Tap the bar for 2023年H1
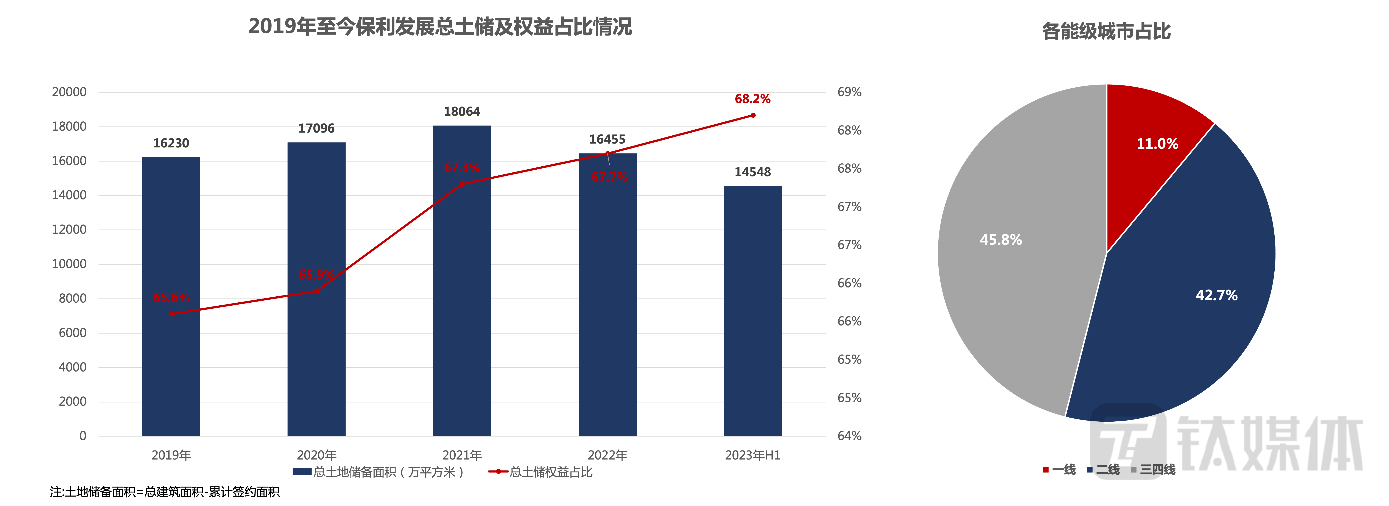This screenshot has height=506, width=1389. (x=753, y=313)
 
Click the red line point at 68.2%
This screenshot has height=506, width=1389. (x=753, y=115)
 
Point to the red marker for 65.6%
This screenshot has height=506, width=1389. (x=171, y=314)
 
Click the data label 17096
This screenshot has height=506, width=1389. (x=316, y=128)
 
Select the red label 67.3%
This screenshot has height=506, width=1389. (x=462, y=168)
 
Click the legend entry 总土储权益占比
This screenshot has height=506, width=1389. (x=541, y=472)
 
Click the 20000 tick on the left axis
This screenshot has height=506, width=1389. (x=69, y=92)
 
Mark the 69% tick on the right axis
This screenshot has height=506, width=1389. (x=849, y=92)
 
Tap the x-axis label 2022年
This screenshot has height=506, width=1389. (x=607, y=455)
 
